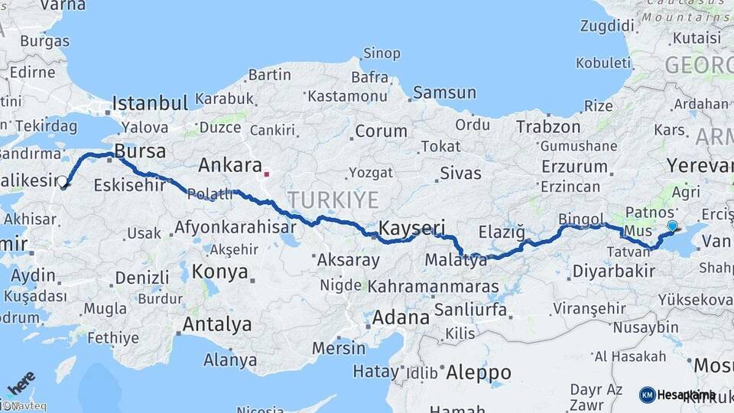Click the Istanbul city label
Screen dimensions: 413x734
click(x=150, y=103)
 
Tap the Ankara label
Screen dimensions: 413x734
click(x=227, y=164)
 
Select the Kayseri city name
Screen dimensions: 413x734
click(x=412, y=228)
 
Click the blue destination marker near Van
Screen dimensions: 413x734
click(x=672, y=226)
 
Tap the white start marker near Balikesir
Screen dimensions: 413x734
click(x=63, y=183)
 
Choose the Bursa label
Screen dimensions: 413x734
click(x=140, y=150)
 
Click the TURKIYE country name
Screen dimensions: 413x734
click(x=333, y=200)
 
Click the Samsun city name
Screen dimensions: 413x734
click(x=444, y=93)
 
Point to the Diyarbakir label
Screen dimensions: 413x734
click(x=613, y=271)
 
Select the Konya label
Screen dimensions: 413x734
click(x=219, y=272)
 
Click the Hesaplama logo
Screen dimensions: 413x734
click(x=677, y=395)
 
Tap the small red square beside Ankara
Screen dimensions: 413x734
click(x=266, y=174)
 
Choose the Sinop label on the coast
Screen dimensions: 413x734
click(x=382, y=54)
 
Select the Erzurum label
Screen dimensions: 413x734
click(x=573, y=167)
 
